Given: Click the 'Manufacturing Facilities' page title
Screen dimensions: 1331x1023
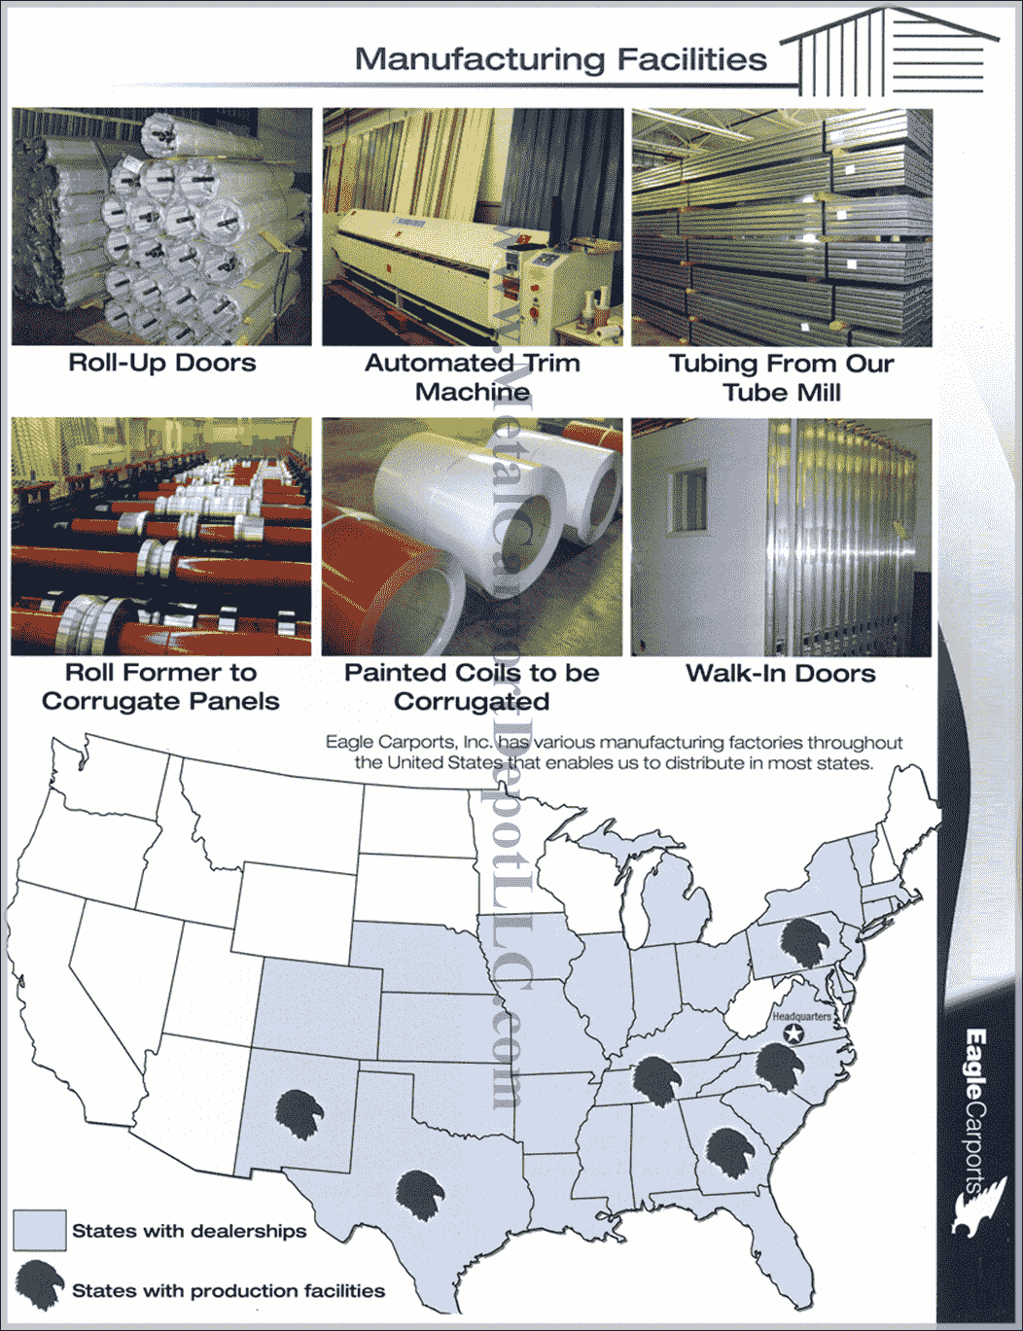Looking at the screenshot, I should (560, 59).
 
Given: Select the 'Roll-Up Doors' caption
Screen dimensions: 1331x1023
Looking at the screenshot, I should (162, 364).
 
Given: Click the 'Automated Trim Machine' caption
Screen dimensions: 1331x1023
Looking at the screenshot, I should (473, 377).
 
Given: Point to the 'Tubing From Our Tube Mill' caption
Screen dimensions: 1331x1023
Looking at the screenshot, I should (781, 378).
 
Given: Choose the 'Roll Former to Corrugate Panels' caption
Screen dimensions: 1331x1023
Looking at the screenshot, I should (160, 687).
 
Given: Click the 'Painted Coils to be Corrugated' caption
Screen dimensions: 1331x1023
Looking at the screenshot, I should (472, 687).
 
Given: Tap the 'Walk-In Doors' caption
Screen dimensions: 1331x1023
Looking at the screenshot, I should (781, 674).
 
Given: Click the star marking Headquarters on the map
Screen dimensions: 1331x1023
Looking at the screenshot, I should (794, 1033).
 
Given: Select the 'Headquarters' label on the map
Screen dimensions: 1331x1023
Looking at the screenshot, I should (801, 1017).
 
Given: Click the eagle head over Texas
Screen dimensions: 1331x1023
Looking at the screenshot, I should (419, 1195).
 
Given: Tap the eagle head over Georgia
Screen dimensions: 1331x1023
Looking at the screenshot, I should (729, 1153).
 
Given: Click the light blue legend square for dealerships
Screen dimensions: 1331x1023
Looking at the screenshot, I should (40, 1230).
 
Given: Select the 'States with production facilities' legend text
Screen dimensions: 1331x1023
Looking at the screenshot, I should (229, 1291).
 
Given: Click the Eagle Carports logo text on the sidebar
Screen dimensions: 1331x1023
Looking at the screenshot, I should (975, 1108).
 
